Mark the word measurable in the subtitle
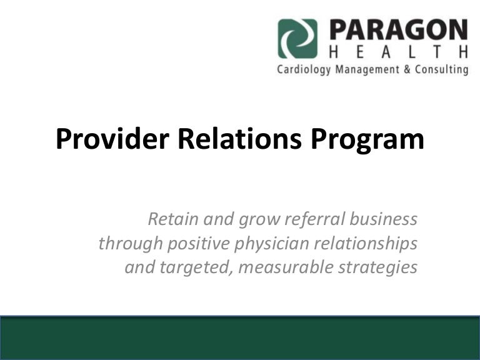(286, 267)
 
